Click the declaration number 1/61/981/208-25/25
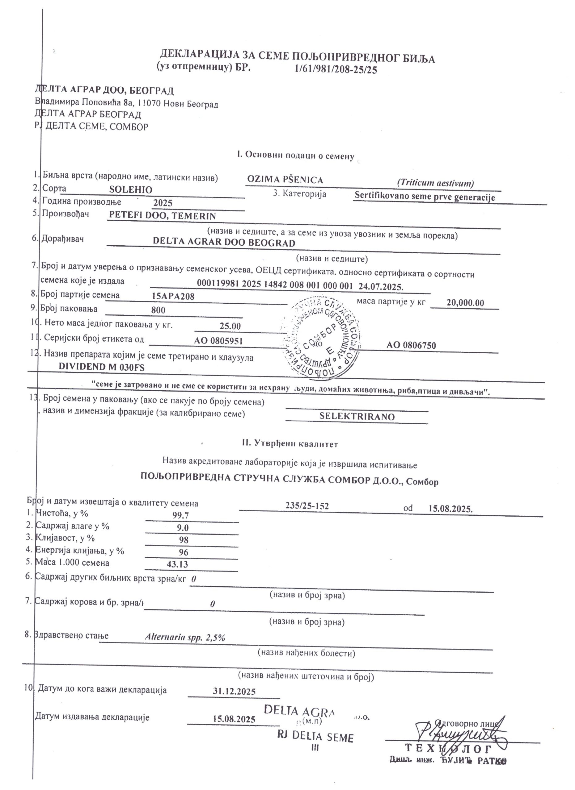tap(336, 70)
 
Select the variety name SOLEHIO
tap(130, 190)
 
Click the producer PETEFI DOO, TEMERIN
tap(162, 216)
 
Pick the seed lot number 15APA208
tap(173, 297)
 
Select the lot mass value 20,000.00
tap(465, 303)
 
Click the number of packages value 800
tap(158, 310)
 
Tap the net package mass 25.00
tap(230, 326)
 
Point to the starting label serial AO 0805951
tap(218, 341)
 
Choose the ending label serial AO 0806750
tap(411, 346)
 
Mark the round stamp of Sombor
tap(321, 338)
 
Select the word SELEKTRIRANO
tap(357, 417)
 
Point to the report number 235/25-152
tap(307, 506)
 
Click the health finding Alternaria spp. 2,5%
tap(185, 638)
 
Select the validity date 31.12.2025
tap(234, 692)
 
